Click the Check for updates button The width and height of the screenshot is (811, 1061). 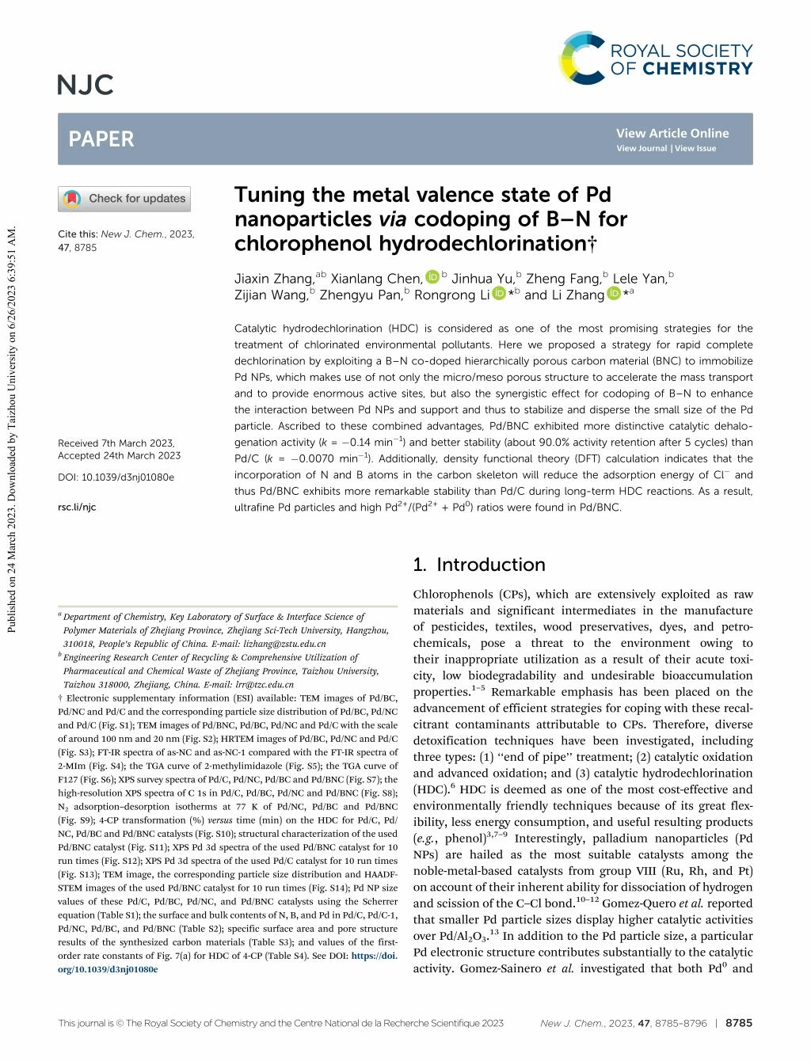124,199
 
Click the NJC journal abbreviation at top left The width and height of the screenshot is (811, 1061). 86,85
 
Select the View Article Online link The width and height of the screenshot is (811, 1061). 672,133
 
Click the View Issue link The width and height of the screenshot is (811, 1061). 695,148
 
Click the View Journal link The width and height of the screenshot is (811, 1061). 642,148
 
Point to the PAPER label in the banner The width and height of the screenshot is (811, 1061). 101,139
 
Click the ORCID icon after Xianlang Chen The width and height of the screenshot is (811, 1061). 432,277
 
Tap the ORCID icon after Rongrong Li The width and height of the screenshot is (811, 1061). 499,294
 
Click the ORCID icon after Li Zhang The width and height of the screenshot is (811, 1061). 614,294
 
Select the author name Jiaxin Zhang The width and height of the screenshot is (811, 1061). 274,279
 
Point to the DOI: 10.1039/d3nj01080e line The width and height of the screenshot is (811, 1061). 116,477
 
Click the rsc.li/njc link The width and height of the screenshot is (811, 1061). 77,507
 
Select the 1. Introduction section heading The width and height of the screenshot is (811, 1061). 479,565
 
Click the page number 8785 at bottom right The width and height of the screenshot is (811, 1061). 739,1023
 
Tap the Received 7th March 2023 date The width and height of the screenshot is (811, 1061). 116,443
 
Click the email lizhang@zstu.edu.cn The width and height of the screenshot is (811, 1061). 285,644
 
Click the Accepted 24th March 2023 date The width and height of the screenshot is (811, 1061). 119,455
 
